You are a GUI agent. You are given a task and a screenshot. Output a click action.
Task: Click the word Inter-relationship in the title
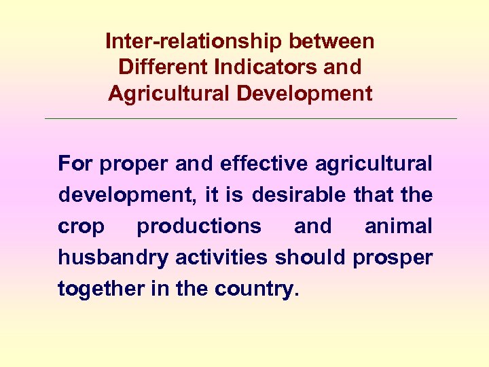point(194,41)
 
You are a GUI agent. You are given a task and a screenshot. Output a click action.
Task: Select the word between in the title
point(331,41)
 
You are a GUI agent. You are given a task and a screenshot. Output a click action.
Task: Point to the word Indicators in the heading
point(265,67)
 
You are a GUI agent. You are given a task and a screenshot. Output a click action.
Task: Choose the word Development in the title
point(305,93)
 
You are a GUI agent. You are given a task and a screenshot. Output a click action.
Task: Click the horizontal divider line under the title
point(251,119)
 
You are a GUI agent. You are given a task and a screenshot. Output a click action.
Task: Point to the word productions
point(199,226)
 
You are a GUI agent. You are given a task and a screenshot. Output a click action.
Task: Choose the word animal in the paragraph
point(399,226)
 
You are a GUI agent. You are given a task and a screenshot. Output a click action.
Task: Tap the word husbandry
point(114,258)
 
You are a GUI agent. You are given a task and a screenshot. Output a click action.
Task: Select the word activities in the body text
point(223,258)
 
